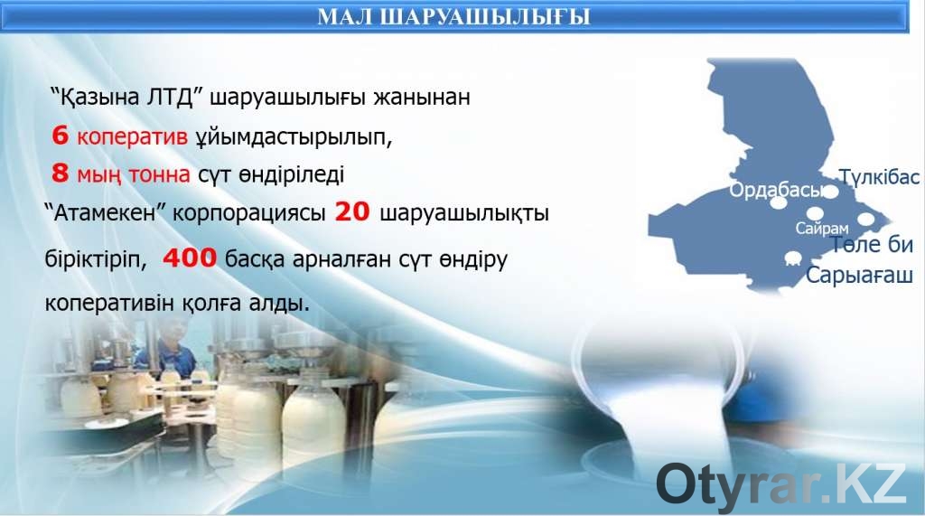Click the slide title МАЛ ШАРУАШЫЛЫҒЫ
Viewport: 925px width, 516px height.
[x=453, y=16]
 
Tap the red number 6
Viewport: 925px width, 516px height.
[x=61, y=136]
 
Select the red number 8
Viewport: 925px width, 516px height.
[x=61, y=174]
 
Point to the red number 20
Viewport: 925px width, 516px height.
[x=352, y=211]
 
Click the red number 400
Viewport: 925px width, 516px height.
[x=190, y=258]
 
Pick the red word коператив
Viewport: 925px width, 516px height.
[x=132, y=137]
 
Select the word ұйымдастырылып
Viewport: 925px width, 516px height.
[x=294, y=137]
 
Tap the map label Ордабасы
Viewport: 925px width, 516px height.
[x=774, y=190]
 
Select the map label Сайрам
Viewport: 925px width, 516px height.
[x=822, y=229]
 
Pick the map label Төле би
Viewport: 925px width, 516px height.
[x=872, y=244]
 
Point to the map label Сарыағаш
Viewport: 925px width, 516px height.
[x=859, y=275]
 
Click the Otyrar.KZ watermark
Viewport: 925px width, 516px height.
[x=780, y=484]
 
